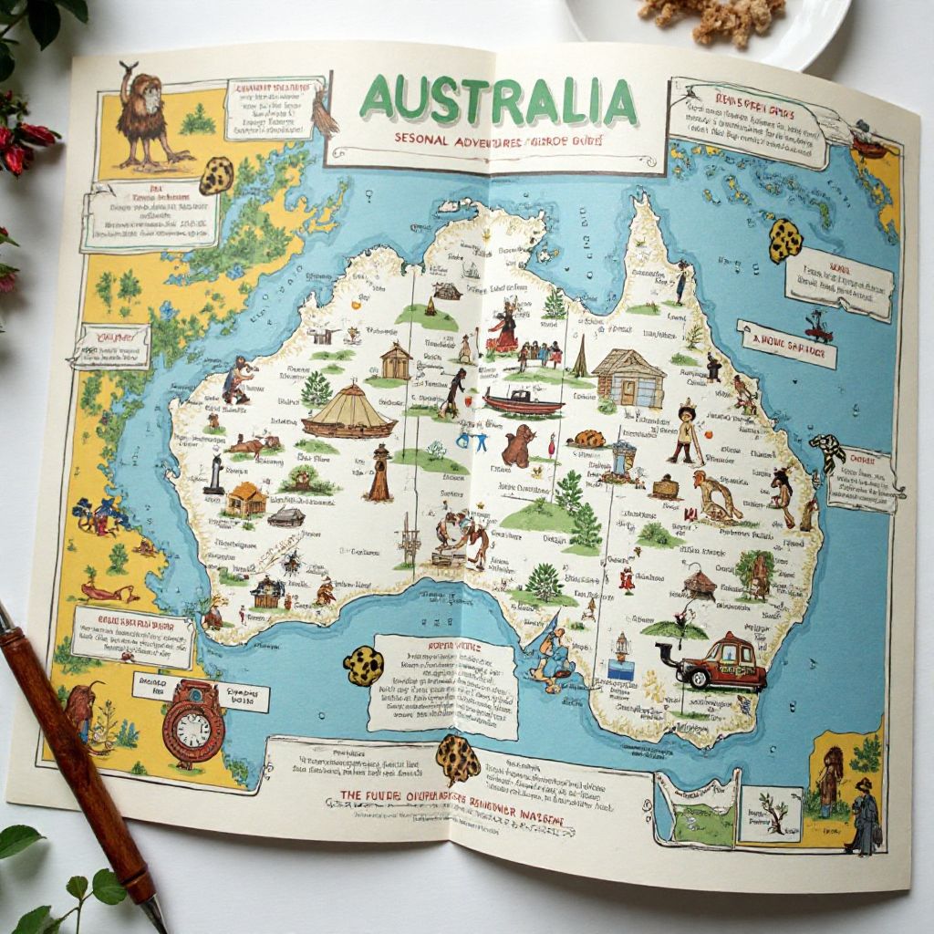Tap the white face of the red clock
[x=193, y=729]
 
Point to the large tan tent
[x=349, y=411]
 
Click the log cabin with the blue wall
[x=628, y=378]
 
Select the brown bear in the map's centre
[x=519, y=446]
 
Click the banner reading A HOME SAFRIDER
[x=786, y=344]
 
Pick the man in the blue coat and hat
[x=863, y=815]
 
